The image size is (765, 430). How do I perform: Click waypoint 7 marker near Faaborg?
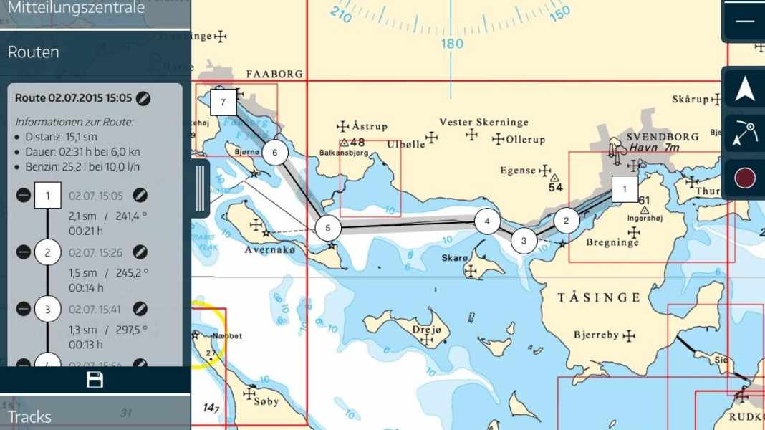coord(223,102)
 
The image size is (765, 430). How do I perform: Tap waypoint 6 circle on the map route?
coord(274,152)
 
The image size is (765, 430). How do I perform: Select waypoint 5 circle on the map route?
coord(327,229)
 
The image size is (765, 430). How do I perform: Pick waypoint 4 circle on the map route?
coord(487,221)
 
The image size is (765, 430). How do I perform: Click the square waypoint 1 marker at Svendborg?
coord(625,190)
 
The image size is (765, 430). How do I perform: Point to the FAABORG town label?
coord(274,74)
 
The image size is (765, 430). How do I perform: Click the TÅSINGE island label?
coord(599,297)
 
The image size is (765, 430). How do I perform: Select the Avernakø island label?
coord(269,250)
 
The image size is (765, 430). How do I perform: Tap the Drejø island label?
coord(430,330)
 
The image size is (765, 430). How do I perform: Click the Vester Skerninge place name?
coord(483,123)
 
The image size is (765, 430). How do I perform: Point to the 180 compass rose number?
coord(452,44)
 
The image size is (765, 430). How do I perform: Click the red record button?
coord(745,178)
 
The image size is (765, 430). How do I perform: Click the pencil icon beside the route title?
coord(143,98)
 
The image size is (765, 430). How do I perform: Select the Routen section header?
coord(34,52)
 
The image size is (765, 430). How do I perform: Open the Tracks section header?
coord(29,416)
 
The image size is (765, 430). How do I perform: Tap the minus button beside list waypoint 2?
coord(24,252)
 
